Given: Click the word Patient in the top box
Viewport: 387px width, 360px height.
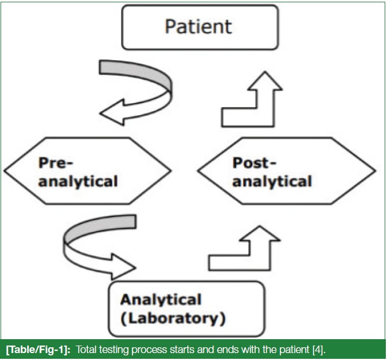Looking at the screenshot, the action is pos(198,26).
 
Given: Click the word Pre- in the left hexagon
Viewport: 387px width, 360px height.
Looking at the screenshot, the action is pos(56,163).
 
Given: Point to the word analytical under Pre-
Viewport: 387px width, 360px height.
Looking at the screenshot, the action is pos(78,182).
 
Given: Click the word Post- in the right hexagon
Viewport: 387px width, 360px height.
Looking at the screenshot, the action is pos(254,163).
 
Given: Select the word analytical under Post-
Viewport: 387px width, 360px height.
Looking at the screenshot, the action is pos(272,182).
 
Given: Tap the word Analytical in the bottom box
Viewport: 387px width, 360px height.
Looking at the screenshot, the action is pos(161,299).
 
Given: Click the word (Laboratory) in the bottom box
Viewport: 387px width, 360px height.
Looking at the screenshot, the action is pos(173,318).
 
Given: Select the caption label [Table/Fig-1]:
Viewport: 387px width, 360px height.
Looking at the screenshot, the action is pos(38,350).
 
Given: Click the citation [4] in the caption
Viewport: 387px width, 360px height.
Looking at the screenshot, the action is pos(319,350).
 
